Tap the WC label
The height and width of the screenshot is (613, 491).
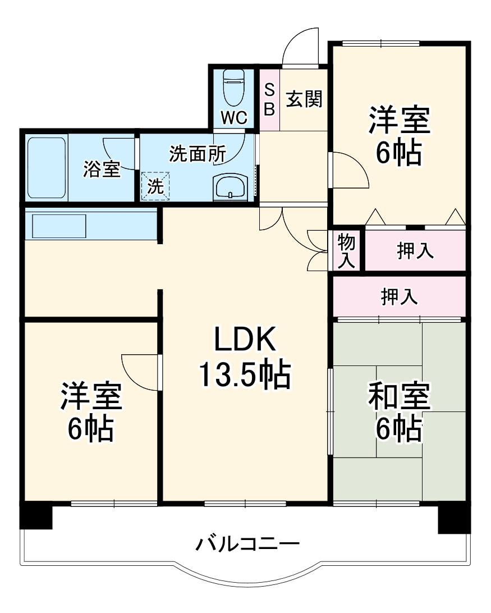(233, 118)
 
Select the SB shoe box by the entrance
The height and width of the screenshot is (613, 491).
(269, 99)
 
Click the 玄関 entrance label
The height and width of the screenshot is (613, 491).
(304, 99)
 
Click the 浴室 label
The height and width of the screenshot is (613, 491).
(102, 170)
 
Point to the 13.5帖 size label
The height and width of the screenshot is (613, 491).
(244, 375)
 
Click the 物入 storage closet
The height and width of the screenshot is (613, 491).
(346, 251)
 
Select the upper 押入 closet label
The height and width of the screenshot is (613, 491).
(415, 251)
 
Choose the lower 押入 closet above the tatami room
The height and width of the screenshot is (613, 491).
(399, 296)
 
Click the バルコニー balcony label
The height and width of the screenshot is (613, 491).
(247, 543)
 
